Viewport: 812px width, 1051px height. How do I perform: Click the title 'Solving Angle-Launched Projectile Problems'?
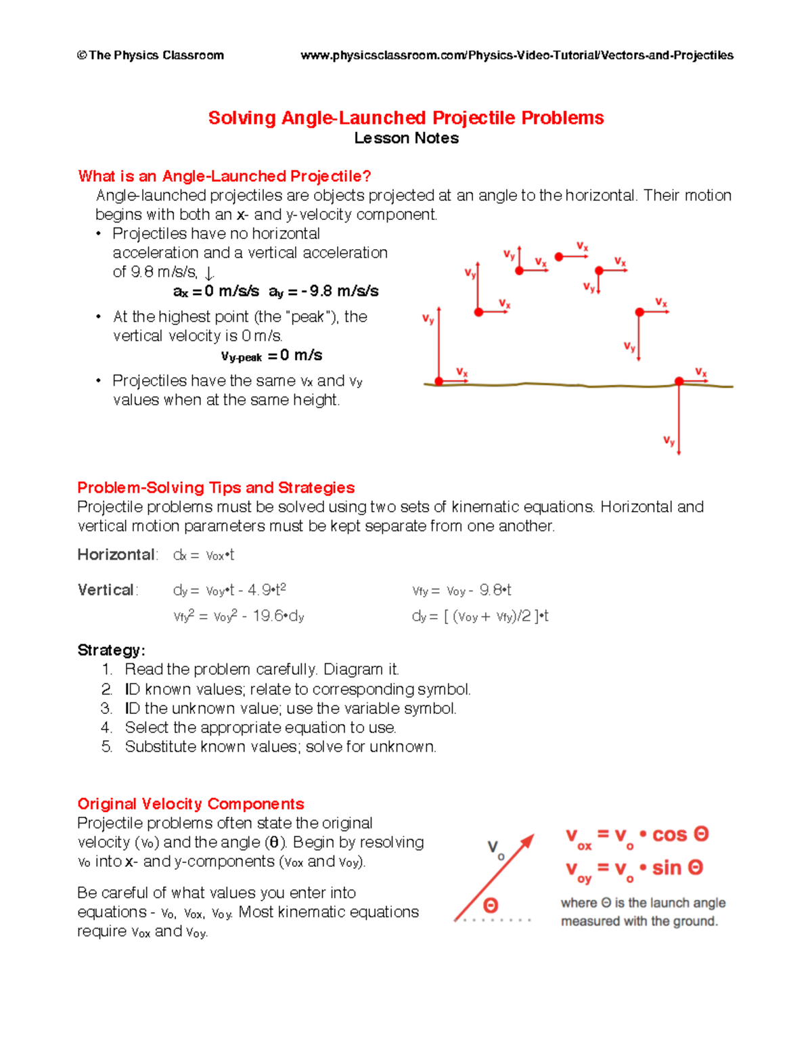pos(405,118)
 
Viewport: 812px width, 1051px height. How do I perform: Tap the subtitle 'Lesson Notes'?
pos(406,138)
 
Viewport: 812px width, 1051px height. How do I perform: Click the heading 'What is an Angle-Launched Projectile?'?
pos(225,177)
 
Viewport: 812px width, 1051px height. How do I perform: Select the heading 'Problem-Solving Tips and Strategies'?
pos(216,488)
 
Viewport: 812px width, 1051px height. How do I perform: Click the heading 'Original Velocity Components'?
pos(191,804)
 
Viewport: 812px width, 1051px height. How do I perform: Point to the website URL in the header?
pos(516,55)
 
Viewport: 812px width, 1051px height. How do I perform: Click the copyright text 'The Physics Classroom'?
pos(150,55)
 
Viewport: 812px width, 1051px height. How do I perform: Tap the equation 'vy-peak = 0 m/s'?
pos(271,356)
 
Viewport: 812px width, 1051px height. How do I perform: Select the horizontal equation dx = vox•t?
pos(204,556)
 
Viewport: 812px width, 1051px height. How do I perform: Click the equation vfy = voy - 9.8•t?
pos(461,591)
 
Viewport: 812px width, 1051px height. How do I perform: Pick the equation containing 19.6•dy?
pos(239,617)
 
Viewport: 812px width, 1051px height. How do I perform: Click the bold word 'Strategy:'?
pos(112,650)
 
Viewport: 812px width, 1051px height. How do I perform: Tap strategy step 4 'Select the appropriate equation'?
pos(260,728)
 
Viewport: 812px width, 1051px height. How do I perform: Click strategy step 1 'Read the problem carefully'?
pos(261,670)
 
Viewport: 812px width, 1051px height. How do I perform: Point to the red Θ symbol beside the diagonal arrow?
pos(491,905)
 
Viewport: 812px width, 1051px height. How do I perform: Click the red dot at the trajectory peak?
pos(559,257)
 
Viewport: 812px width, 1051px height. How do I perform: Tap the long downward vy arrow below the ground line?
pos(679,420)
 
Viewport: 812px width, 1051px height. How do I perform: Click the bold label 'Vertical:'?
pos(107,590)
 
